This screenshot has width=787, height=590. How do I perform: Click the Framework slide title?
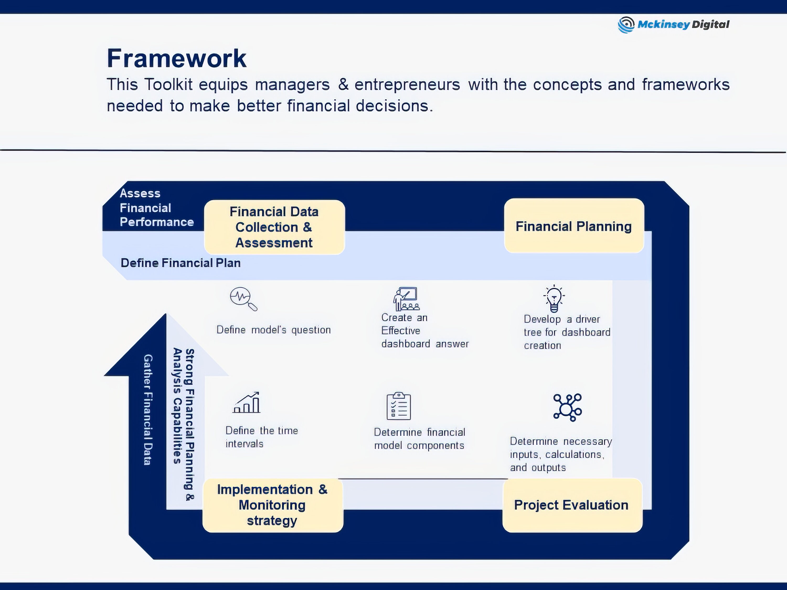click(x=177, y=59)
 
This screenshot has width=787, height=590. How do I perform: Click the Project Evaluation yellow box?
click(x=572, y=505)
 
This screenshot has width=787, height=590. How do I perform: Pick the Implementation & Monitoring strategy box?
click(x=273, y=505)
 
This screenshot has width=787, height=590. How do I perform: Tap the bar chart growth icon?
click(x=247, y=403)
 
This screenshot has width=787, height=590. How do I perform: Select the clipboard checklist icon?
click(x=399, y=406)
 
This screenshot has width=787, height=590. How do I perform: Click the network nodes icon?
click(x=567, y=407)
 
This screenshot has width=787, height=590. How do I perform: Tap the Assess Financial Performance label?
click(x=157, y=208)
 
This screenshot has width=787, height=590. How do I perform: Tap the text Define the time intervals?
click(x=262, y=437)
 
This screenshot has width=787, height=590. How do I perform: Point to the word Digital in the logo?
click(x=710, y=25)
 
